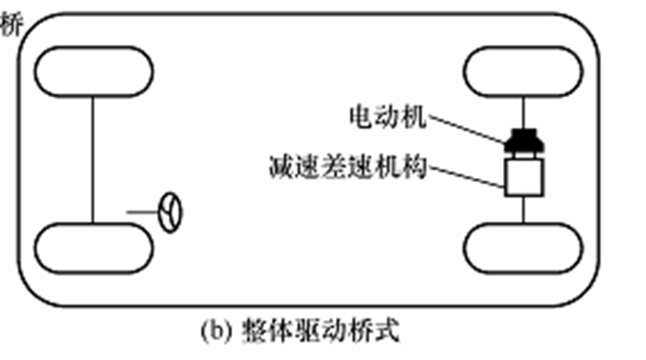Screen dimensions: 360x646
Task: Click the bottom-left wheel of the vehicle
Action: pyautogui.click(x=93, y=249)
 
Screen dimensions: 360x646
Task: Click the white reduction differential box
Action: pyautogui.click(x=522, y=177)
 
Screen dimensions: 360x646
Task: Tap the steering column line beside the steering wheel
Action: pyautogui.click(x=142, y=210)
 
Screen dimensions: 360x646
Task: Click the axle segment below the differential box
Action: pyautogui.click(x=522, y=210)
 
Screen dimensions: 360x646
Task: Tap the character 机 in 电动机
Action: pyautogui.click(x=414, y=115)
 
